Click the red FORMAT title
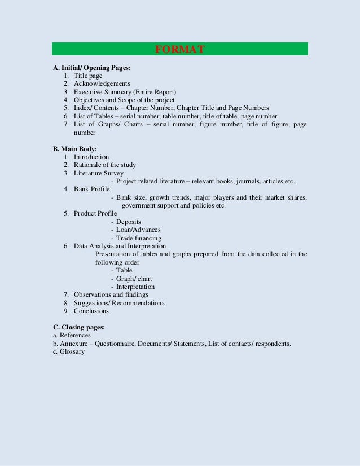tap(179, 49)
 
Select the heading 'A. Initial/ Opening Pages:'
tap(92, 68)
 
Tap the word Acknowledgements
tap(102, 83)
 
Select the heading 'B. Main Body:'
tap(75, 149)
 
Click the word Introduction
tap(91, 157)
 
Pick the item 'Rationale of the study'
tap(104, 165)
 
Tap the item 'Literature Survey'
tap(98, 173)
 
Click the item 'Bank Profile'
tap(91, 189)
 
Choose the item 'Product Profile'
tap(95, 213)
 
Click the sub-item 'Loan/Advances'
tap(138, 230)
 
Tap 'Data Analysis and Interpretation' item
tap(120, 246)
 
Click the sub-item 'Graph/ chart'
tap(134, 279)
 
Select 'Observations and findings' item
tap(111, 294)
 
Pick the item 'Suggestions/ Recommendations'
tap(119, 303)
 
